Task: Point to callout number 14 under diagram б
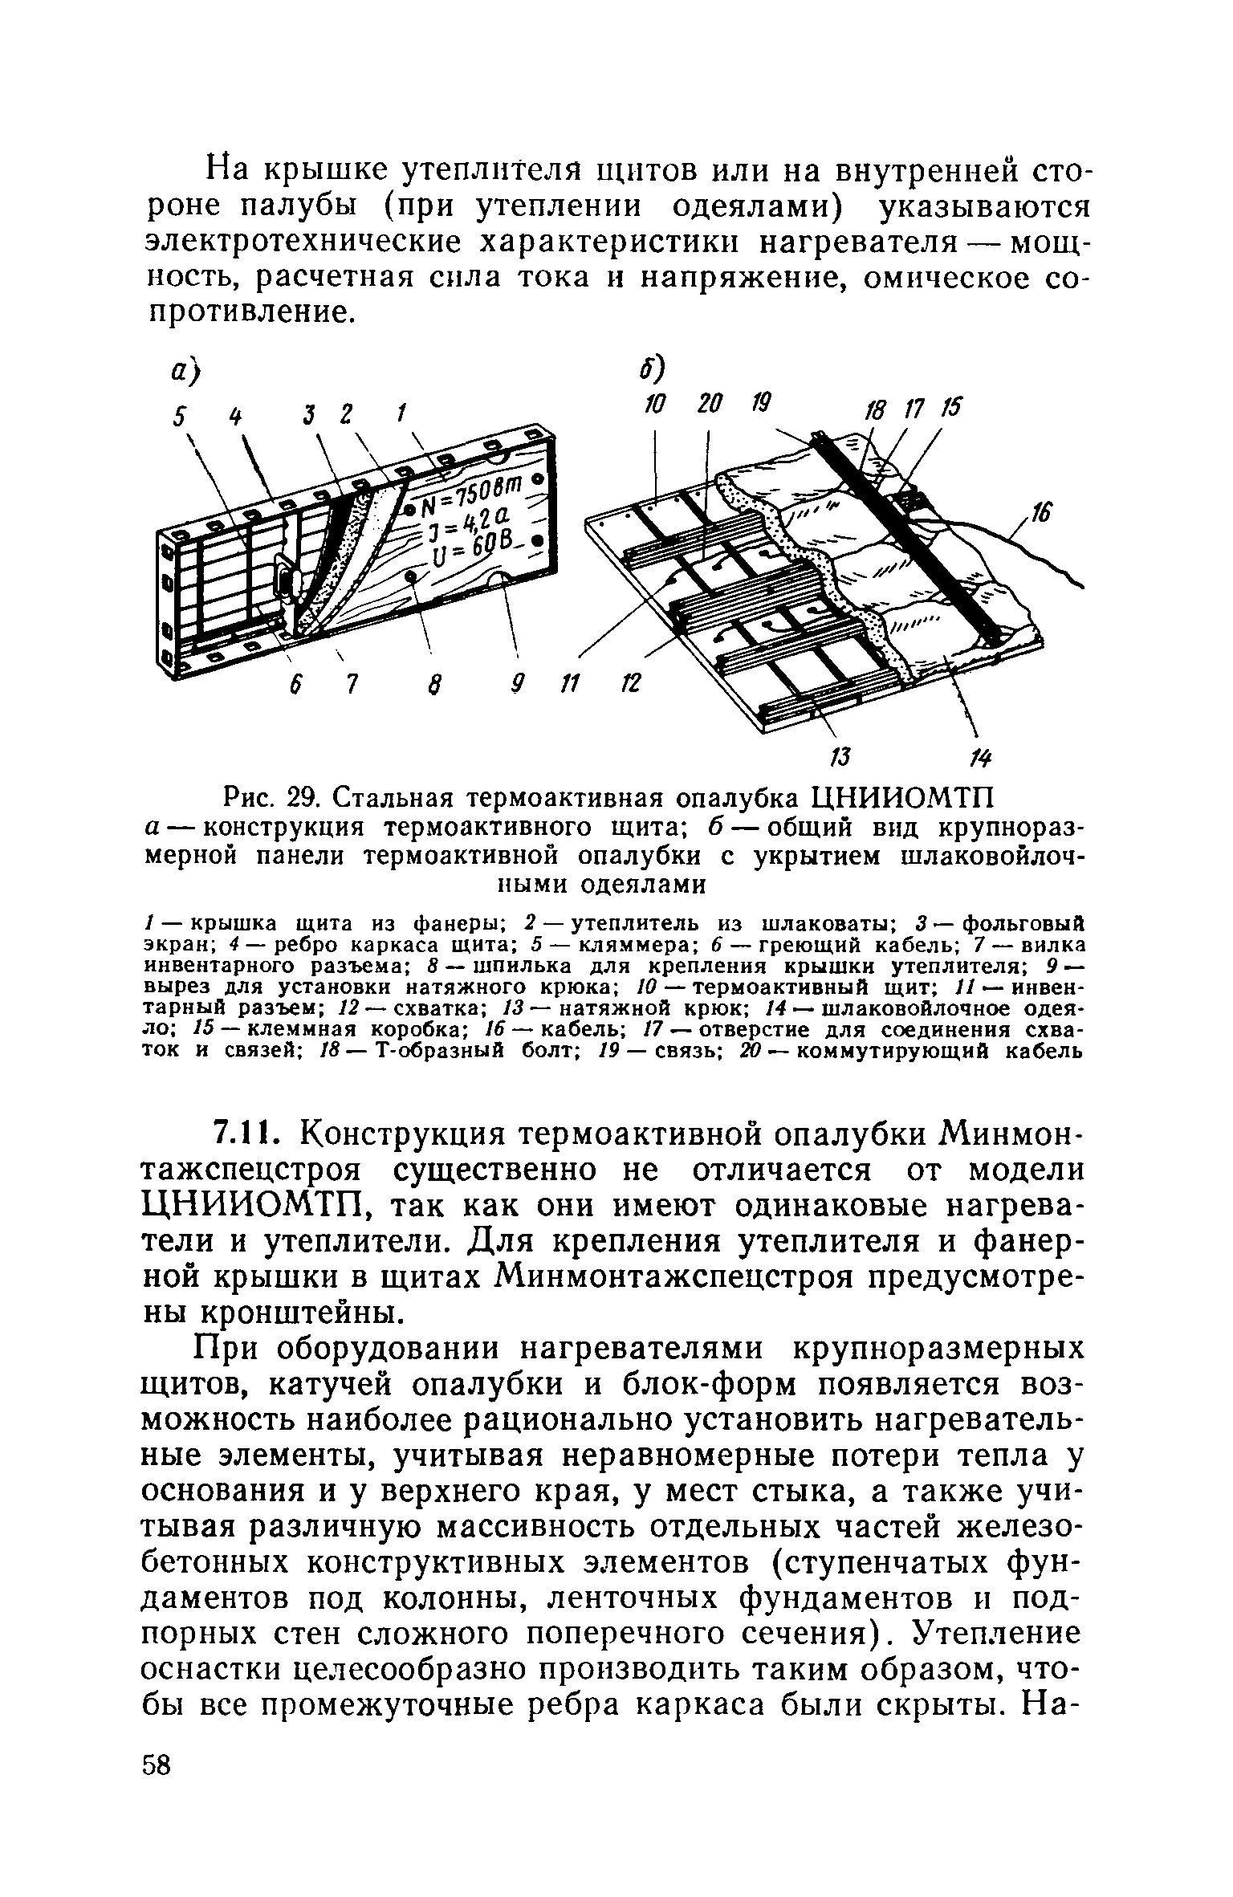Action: point(981,757)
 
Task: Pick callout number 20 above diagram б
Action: point(708,405)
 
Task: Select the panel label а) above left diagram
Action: point(186,372)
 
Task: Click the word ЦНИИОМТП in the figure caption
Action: point(904,800)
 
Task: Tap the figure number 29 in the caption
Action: point(309,800)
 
